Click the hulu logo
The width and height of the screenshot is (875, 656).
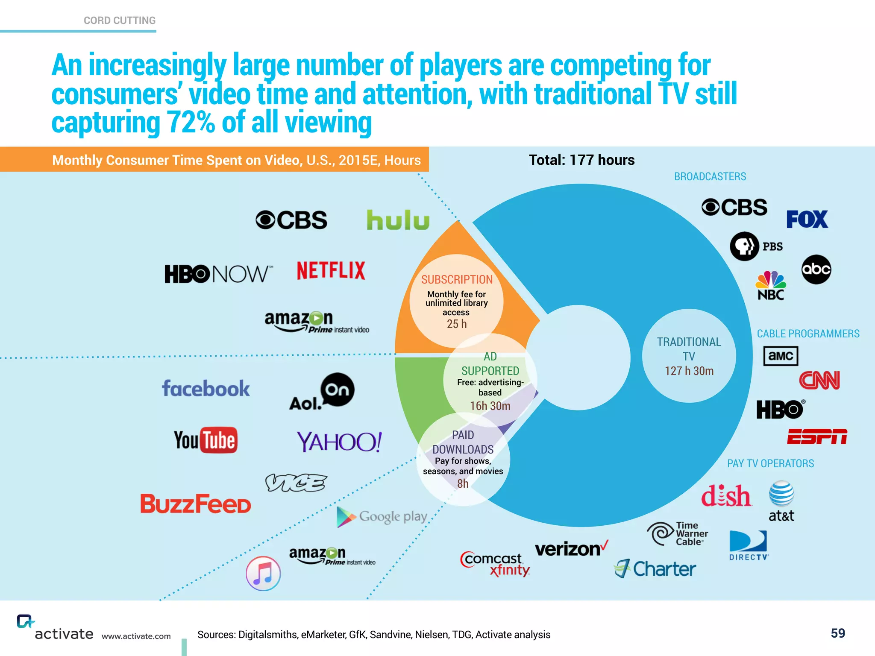[398, 220]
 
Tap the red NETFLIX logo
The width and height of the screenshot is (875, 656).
[331, 271]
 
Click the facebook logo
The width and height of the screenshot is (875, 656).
[206, 389]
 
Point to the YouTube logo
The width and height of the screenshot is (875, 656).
[206, 440]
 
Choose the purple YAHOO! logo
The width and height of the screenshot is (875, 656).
[339, 442]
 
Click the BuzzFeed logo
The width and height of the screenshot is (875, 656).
[196, 504]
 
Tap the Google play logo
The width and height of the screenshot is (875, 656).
[382, 517]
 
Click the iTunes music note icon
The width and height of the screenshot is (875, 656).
[263, 574]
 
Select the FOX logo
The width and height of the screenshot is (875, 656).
[807, 220]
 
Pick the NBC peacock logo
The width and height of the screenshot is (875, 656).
[770, 285]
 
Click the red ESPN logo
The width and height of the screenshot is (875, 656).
[817, 436]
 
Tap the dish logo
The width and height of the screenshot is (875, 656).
[726, 496]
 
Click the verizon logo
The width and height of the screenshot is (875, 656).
[571, 549]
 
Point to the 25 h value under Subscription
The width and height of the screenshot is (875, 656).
[457, 324]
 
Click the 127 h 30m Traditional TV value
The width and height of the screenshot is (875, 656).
[689, 371]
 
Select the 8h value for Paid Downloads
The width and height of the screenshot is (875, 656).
[463, 483]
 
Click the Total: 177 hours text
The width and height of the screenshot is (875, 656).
[581, 160]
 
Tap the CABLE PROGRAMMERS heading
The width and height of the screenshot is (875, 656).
[808, 334]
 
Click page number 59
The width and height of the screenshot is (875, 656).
[837, 633]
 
